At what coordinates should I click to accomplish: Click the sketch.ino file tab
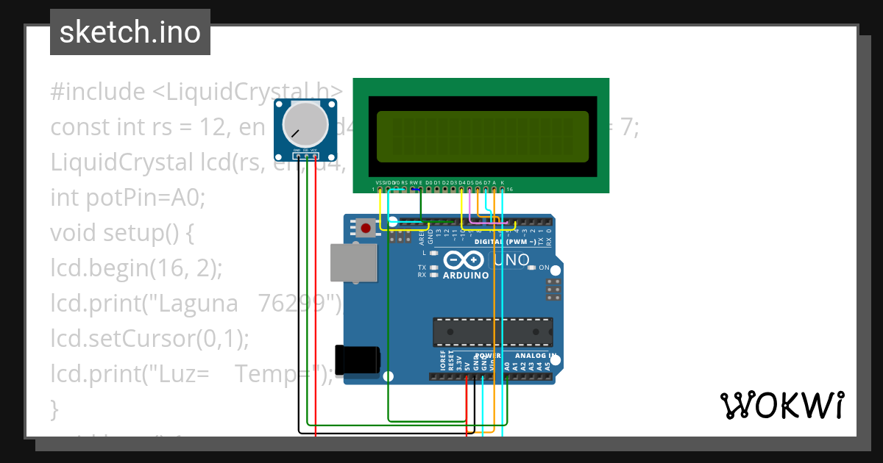tap(130, 32)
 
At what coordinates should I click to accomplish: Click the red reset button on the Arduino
tap(366, 228)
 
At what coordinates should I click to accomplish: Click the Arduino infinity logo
tap(465, 260)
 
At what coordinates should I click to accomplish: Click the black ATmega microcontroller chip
tap(492, 331)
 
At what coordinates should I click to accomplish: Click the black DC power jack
tap(358, 359)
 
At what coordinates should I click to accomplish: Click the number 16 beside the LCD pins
tap(509, 190)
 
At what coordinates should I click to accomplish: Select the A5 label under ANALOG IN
tap(547, 365)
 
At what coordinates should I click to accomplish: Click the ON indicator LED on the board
tap(531, 268)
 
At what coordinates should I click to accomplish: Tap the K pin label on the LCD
tap(502, 182)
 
